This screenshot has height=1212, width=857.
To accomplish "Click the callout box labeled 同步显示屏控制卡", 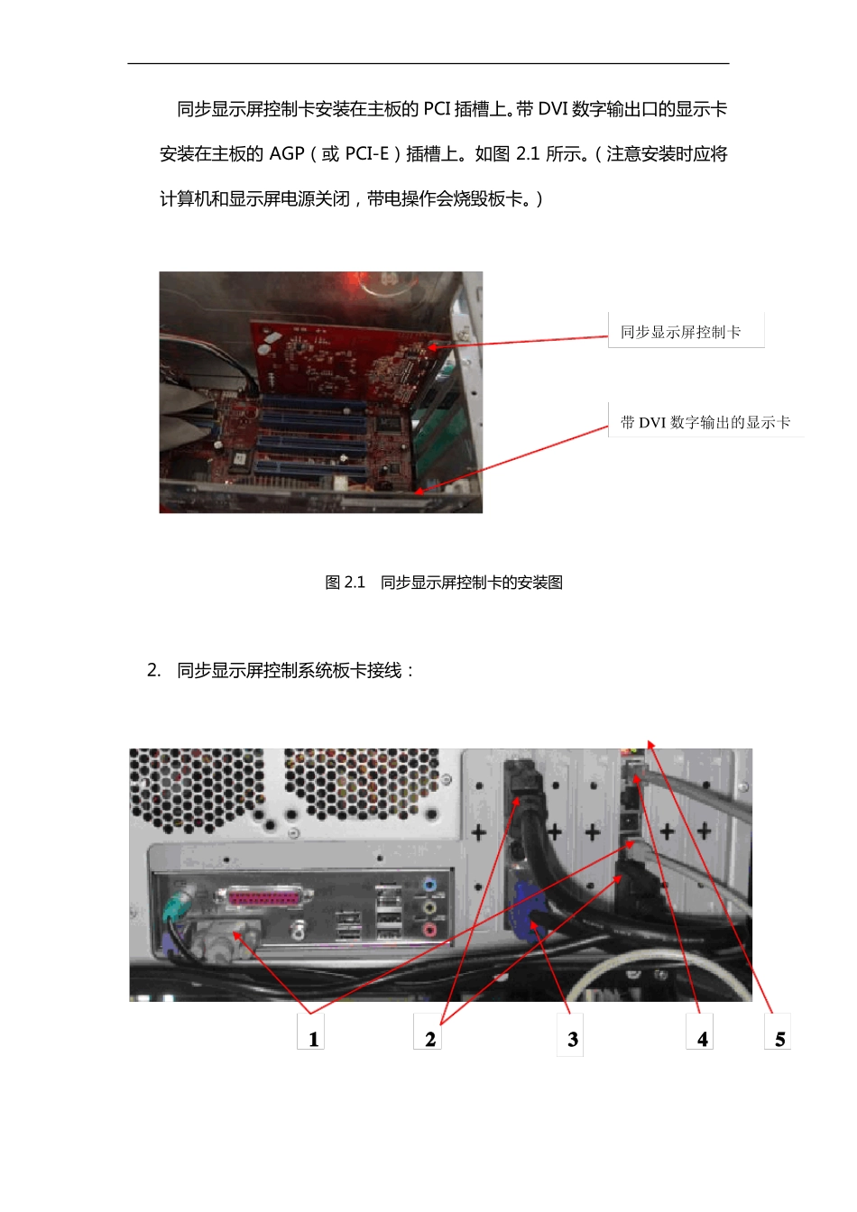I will click(x=686, y=331).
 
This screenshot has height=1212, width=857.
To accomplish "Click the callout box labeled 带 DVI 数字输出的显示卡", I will click(x=705, y=421).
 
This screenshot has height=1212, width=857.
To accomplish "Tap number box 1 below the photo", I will click(x=311, y=1032).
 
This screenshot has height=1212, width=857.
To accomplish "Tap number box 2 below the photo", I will click(x=428, y=1032).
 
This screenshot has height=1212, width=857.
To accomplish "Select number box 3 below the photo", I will click(x=570, y=1033).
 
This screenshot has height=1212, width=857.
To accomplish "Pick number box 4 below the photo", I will click(x=700, y=1033).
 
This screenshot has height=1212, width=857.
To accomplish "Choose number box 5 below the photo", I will click(x=778, y=1033).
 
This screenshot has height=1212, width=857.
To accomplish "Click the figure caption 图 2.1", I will click(x=345, y=583).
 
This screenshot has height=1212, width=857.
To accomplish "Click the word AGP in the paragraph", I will click(x=287, y=154).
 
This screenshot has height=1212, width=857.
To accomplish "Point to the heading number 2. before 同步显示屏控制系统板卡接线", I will click(x=153, y=670).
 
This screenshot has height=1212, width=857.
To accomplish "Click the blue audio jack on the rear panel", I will click(x=429, y=886).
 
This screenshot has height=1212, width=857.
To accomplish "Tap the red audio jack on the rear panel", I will click(x=429, y=929).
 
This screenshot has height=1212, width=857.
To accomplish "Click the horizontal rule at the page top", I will click(x=428, y=63).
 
